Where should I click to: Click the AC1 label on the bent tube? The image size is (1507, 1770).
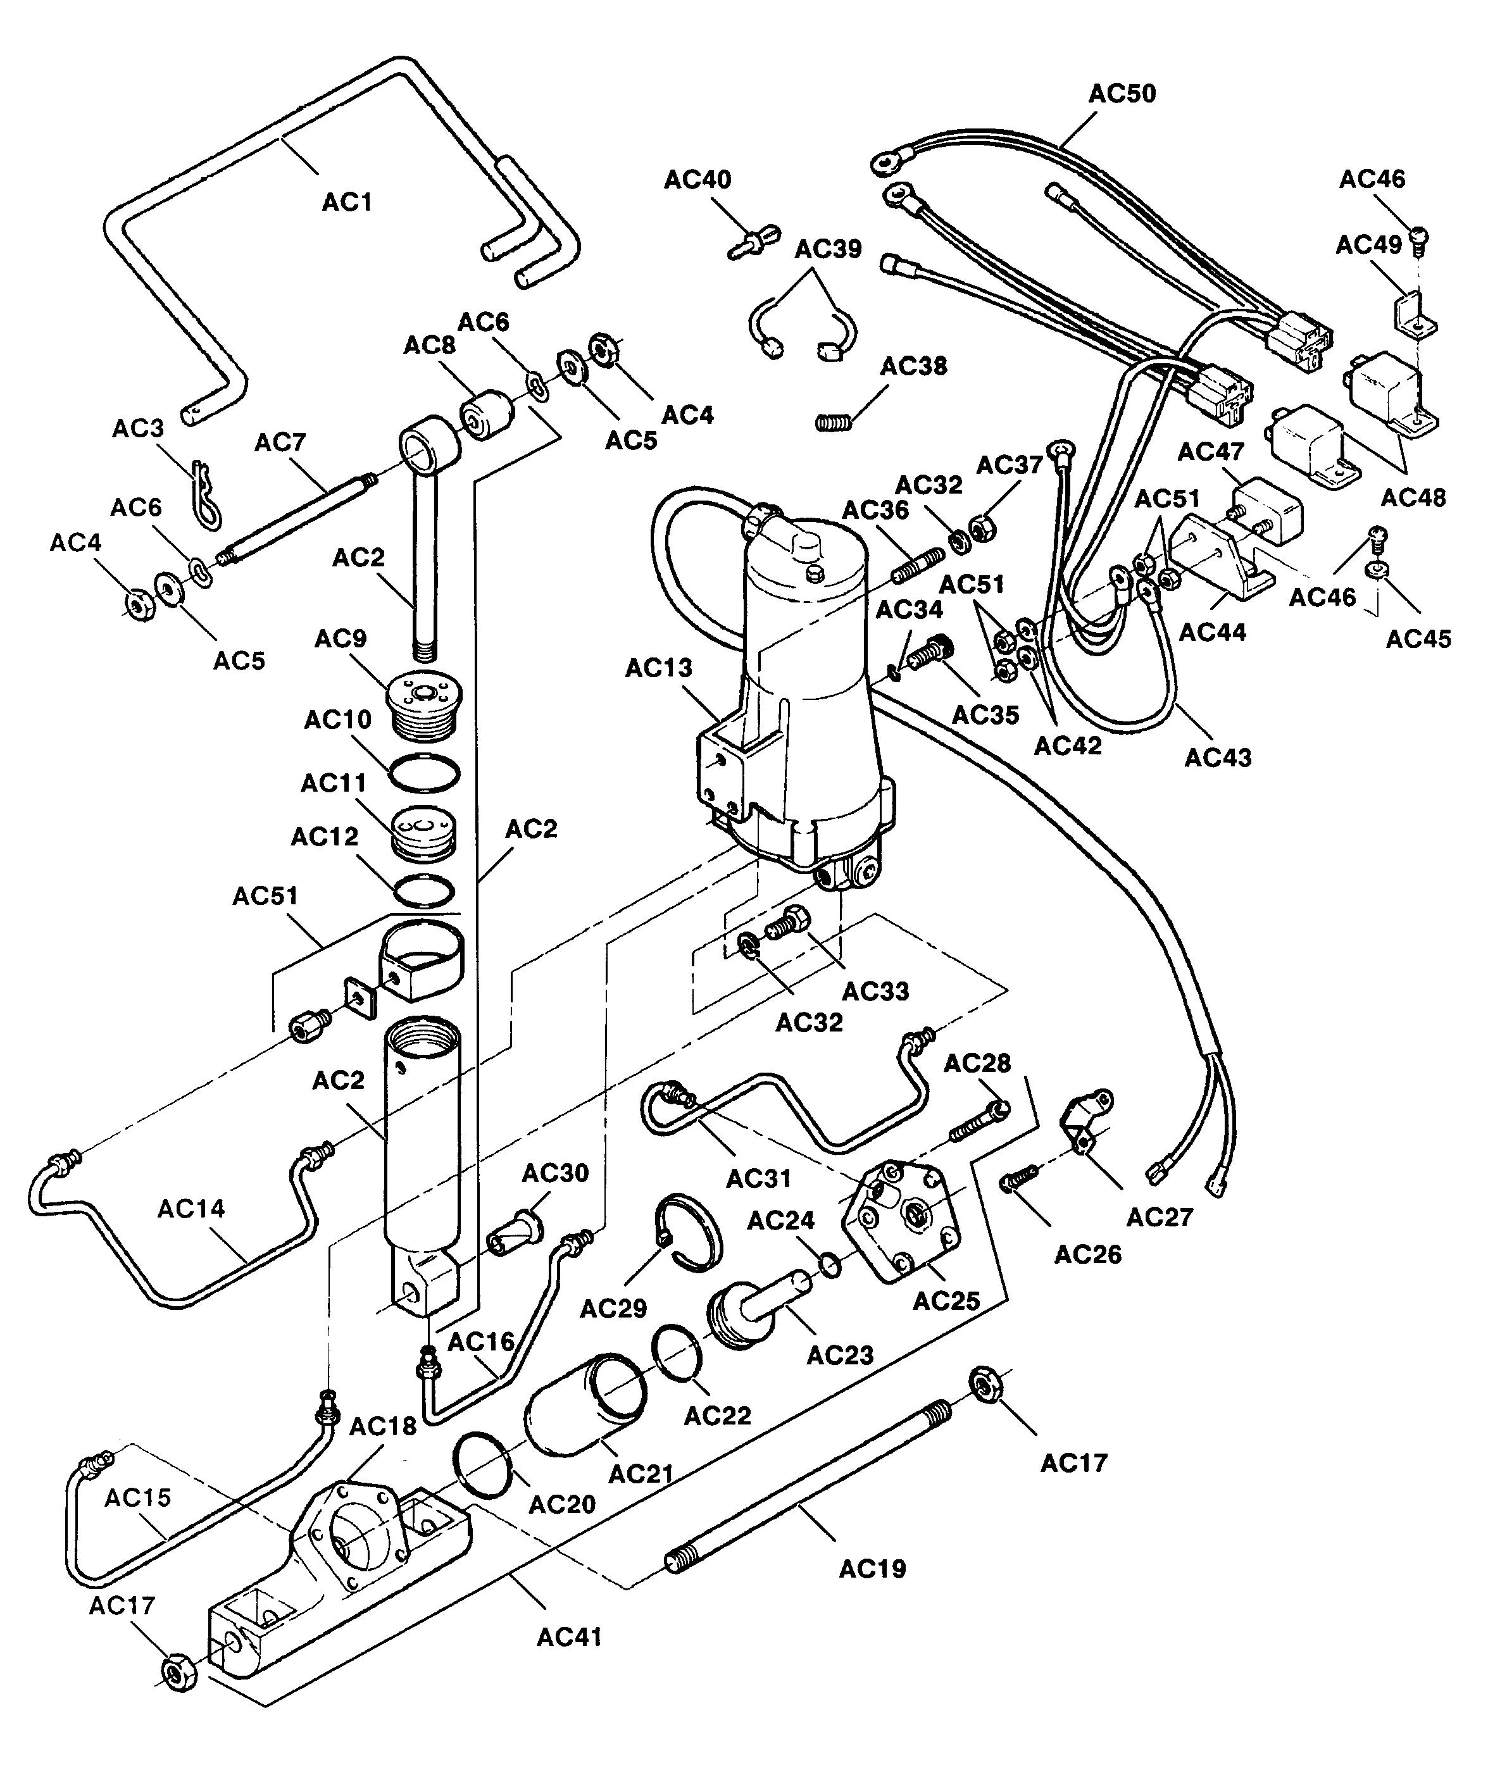[x=347, y=203]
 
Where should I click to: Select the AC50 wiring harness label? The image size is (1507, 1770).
[x=1122, y=93]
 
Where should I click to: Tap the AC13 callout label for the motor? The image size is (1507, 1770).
[x=659, y=668]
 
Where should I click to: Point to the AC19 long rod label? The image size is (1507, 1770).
[x=872, y=1569]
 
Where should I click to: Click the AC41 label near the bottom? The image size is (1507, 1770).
[x=570, y=1636]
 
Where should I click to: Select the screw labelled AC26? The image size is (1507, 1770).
[x=1018, y=1180]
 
